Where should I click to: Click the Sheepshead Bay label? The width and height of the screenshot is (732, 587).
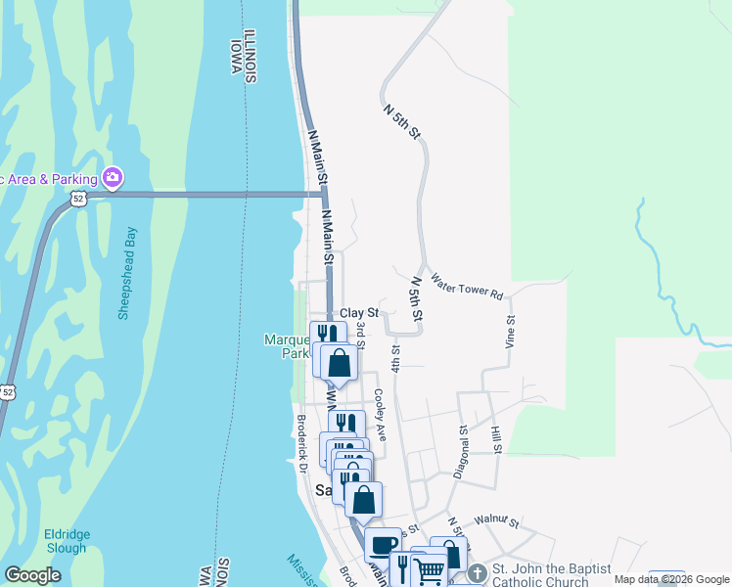(127, 273)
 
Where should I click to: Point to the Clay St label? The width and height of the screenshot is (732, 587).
(358, 313)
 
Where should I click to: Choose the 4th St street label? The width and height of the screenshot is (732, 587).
(396, 357)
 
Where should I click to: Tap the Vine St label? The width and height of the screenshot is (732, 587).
(510, 333)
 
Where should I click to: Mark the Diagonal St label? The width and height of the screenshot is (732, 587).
(462, 450)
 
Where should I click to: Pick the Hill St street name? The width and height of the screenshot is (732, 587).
(496, 440)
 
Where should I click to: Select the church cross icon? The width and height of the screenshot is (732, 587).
(477, 570)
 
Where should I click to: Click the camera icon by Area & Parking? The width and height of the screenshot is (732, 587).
(113, 177)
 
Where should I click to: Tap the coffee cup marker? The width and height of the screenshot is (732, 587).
(383, 544)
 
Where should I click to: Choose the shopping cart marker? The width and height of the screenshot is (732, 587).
(430, 570)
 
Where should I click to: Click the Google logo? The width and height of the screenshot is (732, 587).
(33, 575)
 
